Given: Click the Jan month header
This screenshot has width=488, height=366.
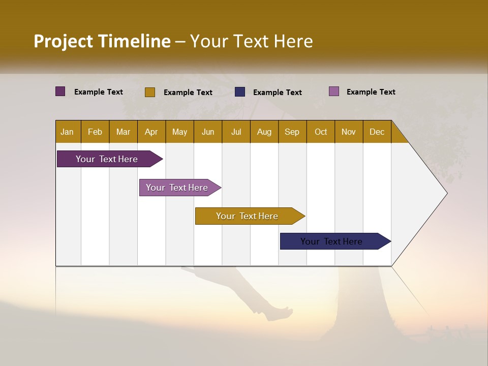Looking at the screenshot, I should coord(67,132).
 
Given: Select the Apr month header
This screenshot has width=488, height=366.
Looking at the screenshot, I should coord(151,132).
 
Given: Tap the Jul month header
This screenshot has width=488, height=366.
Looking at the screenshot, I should coord(236,132).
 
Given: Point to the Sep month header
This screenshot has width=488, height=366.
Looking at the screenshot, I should coord(292,132).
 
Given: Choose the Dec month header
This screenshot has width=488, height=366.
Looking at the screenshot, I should coord(377,132).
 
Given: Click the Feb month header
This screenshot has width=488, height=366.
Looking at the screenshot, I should coord(95,132).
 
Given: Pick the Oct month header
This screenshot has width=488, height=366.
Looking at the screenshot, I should coord(321,132).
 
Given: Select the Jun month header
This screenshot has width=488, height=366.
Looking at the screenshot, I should coord(208,132).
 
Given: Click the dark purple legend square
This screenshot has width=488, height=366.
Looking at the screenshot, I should coord(60,91).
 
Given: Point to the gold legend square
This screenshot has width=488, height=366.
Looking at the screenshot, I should coord(150,92).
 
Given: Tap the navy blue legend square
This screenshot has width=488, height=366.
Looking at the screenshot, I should coord(240,92).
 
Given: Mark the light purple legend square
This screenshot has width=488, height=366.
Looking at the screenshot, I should coord(334,91).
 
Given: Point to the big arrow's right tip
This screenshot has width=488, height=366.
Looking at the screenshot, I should coord(446,193).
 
